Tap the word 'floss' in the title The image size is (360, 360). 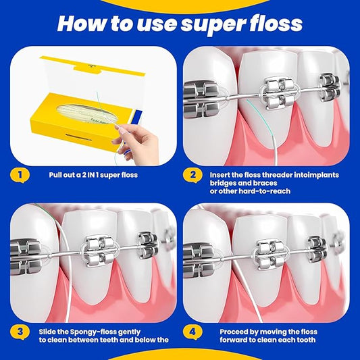pos(276,24)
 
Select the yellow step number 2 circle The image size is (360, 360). pos(192,176)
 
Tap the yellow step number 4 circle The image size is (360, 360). pos(192,332)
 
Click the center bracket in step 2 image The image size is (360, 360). pos(278,92)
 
